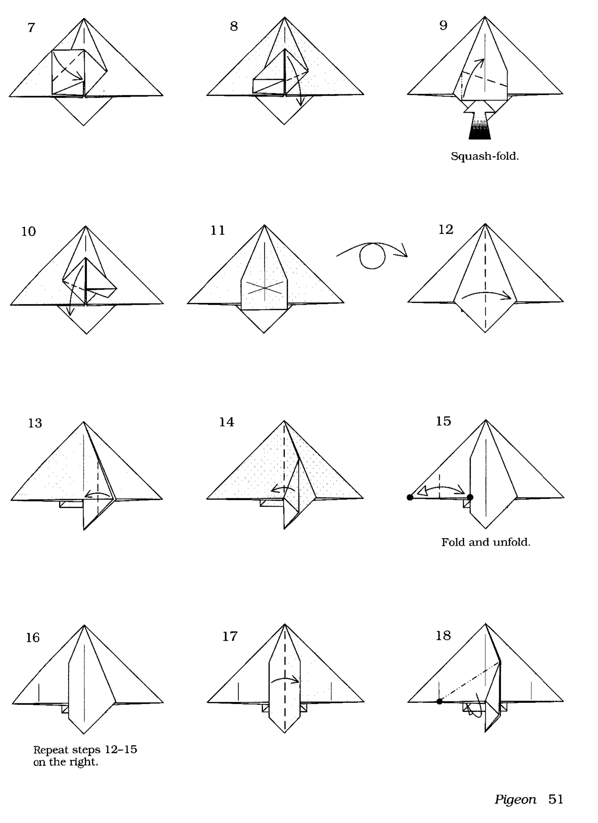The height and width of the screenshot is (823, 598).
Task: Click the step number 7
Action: click(x=31, y=27)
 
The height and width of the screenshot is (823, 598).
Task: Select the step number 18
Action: click(x=443, y=636)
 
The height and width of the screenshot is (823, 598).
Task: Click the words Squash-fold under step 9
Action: click(x=484, y=157)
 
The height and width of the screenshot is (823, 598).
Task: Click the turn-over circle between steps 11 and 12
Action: click(x=372, y=256)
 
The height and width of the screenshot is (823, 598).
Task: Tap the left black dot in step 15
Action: click(x=410, y=497)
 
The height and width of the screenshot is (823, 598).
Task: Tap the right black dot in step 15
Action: click(x=470, y=497)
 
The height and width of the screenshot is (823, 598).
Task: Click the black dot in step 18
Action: click(x=439, y=702)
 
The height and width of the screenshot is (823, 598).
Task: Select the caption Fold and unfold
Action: click(x=486, y=542)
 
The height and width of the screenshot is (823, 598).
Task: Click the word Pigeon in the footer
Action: click(x=515, y=799)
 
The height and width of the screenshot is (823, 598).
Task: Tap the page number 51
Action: click(x=556, y=799)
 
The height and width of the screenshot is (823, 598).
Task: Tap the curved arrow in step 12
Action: click(x=486, y=294)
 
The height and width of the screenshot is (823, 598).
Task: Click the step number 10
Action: click(x=28, y=232)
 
